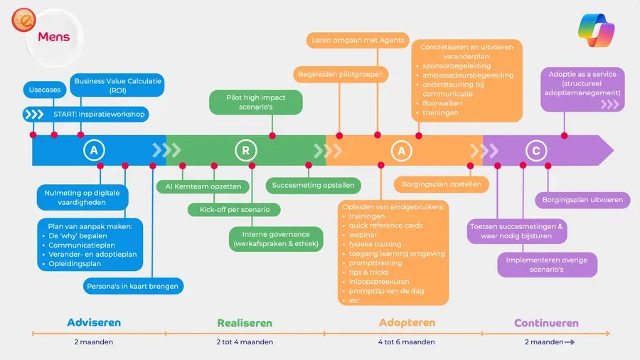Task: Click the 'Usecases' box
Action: point(44,90)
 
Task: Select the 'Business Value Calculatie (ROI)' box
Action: point(118,86)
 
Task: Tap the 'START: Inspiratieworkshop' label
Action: point(99,115)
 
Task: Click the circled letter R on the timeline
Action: point(245,150)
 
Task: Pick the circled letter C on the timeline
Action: point(535,150)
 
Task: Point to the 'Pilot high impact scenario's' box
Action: point(256,102)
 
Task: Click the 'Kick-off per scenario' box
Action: point(234,209)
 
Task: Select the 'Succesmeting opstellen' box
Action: point(314,185)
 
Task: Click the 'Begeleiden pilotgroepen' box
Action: point(341,73)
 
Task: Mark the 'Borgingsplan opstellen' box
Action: point(442,184)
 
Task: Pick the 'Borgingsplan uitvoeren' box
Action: point(582,200)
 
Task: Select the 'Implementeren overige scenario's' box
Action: point(547,265)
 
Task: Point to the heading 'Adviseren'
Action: point(94,322)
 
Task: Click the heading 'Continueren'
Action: point(546,323)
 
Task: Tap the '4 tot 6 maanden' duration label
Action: point(406,342)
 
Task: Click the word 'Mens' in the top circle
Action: point(54,36)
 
